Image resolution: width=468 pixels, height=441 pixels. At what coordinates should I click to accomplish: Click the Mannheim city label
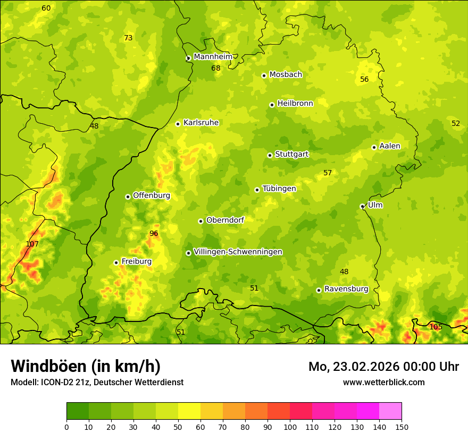(213, 57)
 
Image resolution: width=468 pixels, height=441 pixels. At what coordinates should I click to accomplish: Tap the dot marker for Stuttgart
(270, 155)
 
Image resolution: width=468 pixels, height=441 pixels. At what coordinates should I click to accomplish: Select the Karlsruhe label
(201, 123)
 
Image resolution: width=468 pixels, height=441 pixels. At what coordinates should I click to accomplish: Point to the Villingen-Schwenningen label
(238, 252)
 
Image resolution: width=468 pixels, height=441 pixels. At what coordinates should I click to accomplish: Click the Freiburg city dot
(116, 262)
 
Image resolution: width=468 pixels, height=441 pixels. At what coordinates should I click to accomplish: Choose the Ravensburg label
(346, 289)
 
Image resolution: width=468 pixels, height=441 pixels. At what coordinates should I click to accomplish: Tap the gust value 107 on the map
(32, 244)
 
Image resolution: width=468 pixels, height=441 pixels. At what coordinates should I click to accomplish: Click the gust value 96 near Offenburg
(154, 233)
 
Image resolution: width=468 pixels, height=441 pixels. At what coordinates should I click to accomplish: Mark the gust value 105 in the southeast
(436, 327)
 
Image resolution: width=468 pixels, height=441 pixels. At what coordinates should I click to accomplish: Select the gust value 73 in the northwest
(128, 38)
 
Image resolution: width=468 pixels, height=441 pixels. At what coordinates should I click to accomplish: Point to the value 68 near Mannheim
(216, 68)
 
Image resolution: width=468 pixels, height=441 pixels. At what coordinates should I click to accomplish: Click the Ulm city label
(375, 205)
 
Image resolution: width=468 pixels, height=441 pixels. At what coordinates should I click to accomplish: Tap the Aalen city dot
(374, 147)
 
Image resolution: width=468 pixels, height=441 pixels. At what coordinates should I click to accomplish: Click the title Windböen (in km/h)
(86, 366)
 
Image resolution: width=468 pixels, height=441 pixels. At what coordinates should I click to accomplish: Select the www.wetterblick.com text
(383, 382)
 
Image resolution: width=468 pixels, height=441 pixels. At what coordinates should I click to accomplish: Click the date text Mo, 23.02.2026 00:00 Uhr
(383, 367)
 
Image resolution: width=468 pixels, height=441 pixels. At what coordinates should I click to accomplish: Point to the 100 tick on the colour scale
(290, 427)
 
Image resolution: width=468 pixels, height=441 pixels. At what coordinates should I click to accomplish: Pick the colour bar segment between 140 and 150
(390, 411)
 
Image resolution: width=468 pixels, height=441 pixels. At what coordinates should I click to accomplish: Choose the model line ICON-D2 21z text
(97, 382)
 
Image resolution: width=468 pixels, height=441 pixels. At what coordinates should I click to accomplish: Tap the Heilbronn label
(295, 104)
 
